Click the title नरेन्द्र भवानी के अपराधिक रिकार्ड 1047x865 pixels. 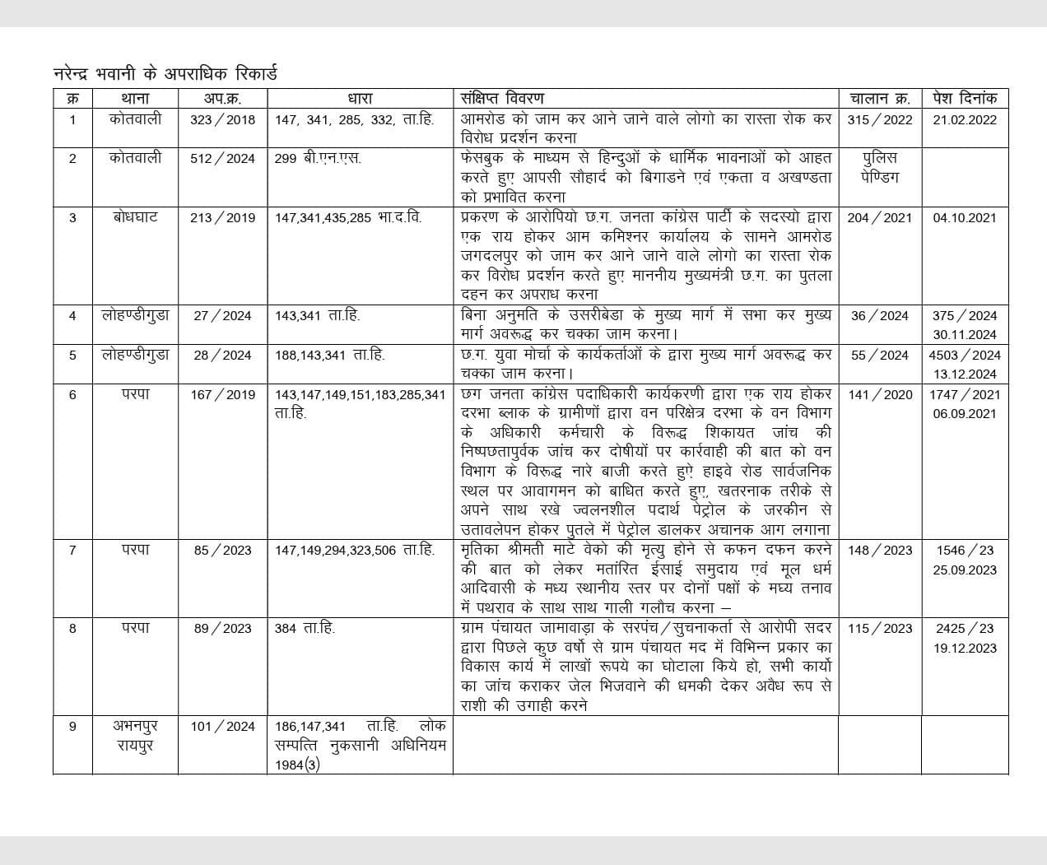(x=165, y=73)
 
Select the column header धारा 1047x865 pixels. (x=360, y=99)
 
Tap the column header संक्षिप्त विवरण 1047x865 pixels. (x=502, y=99)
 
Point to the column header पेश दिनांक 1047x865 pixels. (x=965, y=99)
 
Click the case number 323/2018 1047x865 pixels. (x=222, y=119)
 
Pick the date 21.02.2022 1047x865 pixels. (x=965, y=119)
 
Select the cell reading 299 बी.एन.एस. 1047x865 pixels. (x=318, y=158)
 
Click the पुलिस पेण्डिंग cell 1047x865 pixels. (x=880, y=167)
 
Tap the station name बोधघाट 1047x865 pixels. (x=135, y=217)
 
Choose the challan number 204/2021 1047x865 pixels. (x=880, y=218)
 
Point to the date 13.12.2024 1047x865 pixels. (x=965, y=374)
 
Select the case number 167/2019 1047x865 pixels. (x=222, y=394)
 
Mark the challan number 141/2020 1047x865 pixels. (x=880, y=394)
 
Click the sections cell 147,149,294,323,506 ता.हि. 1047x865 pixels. (x=354, y=550)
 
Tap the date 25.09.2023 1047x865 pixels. (x=965, y=570)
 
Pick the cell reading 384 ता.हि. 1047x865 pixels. (x=305, y=628)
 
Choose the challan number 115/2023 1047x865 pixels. (x=880, y=628)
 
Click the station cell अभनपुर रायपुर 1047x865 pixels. (x=135, y=736)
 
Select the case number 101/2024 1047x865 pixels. (x=222, y=727)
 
